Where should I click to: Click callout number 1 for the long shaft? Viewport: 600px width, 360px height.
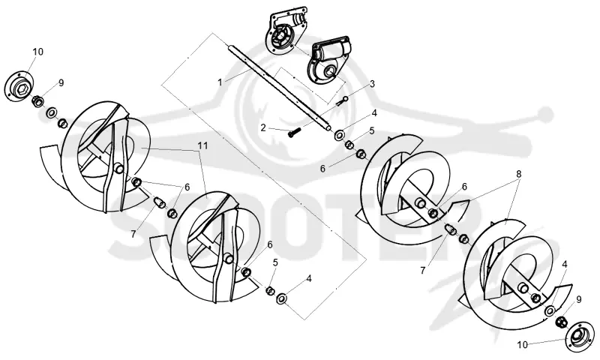220,82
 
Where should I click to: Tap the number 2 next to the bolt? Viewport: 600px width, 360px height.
263,127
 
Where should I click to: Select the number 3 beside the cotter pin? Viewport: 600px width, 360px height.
372,84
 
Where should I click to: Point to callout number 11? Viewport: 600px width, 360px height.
202,145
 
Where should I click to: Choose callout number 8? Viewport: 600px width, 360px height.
518,173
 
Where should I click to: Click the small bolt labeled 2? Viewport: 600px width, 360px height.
294,133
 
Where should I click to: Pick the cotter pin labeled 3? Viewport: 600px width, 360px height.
343,101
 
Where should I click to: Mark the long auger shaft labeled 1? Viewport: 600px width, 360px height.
279,88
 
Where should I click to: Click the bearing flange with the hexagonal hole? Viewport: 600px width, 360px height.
19,86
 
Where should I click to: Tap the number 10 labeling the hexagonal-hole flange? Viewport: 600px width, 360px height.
38,52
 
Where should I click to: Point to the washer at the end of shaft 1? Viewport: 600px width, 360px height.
339,135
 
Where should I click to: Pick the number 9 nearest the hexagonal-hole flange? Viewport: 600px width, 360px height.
61,82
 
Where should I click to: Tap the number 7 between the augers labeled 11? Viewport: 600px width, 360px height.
133,234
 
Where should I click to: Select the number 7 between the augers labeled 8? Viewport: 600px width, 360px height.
422,271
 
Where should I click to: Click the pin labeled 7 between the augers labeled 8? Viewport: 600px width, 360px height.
451,229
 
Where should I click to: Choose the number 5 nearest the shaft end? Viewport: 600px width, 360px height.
371,130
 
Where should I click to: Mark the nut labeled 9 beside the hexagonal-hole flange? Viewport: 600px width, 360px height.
37,101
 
